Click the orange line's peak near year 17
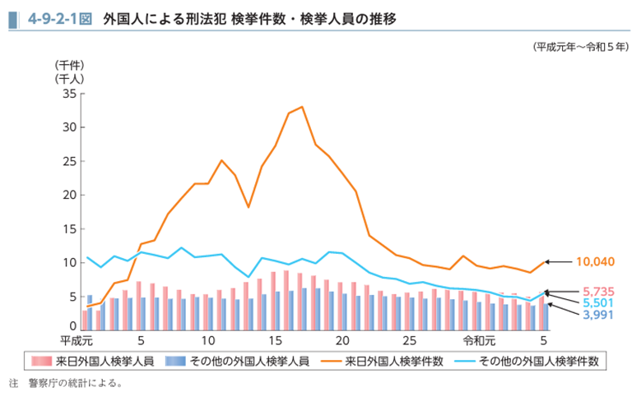click(302, 107)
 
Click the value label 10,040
click(595, 262)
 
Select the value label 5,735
click(598, 292)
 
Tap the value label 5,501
click(598, 303)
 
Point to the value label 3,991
click(598, 315)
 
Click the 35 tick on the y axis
click(68, 94)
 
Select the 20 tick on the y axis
click(68, 195)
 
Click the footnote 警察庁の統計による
click(75, 384)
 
